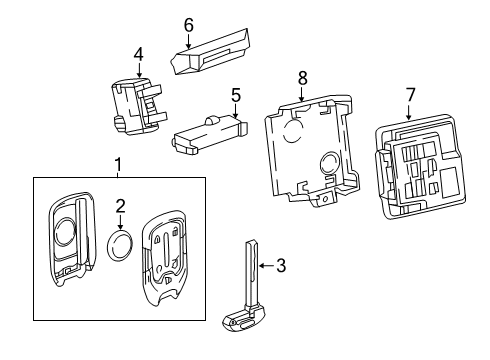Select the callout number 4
[139, 54]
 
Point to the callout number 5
[236, 97]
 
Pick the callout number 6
[188, 24]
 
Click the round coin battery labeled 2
[123, 244]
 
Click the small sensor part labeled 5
[208, 134]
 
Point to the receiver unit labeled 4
[136, 106]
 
